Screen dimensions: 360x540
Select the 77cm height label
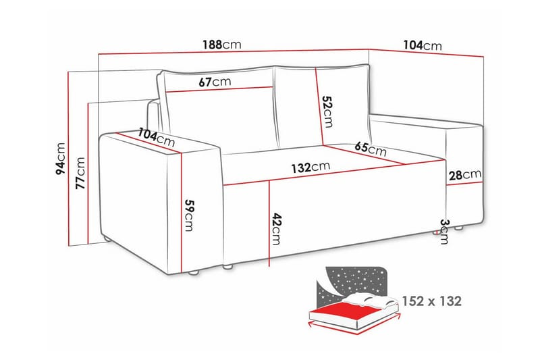tap(80, 175)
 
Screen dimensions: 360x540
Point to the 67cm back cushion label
tap(215, 82)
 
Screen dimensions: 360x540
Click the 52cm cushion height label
tap(327, 111)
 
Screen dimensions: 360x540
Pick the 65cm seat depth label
tap(370, 149)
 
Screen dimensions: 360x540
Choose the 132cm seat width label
tap(311, 167)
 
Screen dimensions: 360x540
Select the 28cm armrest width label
tap(465, 175)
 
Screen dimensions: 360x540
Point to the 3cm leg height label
tap(443, 231)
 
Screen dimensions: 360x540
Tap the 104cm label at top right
tap(422, 45)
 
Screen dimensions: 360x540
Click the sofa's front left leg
tap(194, 273)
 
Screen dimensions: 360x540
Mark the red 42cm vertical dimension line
tap(269, 223)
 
